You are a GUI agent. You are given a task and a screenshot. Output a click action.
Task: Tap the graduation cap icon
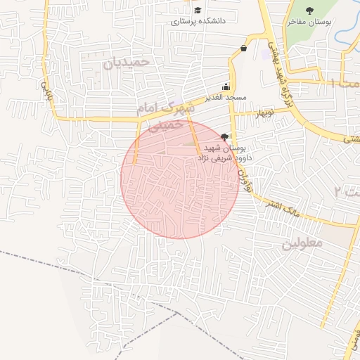(x=198, y=11)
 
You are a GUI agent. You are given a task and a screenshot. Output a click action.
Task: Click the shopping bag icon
(x=243, y=48)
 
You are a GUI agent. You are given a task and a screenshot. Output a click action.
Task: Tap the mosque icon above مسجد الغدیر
(x=226, y=86)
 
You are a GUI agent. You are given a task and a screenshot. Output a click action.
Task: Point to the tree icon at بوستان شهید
(x=224, y=136)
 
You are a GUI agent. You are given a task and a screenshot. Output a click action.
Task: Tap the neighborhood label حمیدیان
(x=127, y=62)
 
